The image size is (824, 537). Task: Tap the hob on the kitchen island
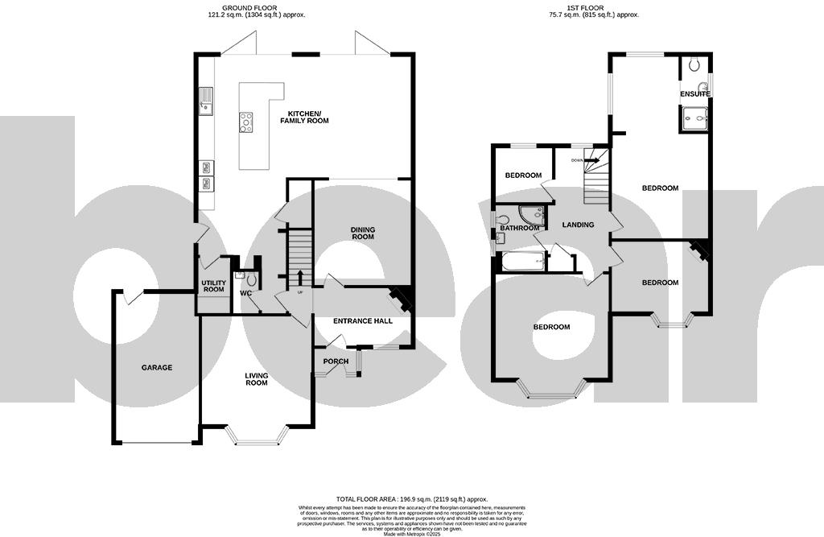point(245,122)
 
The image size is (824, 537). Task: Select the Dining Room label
point(362,233)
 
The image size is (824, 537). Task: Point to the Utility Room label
point(213,287)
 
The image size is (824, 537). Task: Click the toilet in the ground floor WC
point(251,279)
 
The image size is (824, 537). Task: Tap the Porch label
point(336,361)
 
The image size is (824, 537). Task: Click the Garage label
point(157,368)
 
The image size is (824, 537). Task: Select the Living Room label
point(256,379)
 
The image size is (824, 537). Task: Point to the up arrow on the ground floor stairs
point(300,279)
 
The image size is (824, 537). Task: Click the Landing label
point(578,225)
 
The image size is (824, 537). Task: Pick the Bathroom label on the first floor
point(519,228)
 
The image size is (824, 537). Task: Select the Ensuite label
point(695,94)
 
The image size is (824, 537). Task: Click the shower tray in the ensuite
point(694,119)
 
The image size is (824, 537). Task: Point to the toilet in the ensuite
point(694,65)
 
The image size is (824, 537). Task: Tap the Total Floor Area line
point(412,499)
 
